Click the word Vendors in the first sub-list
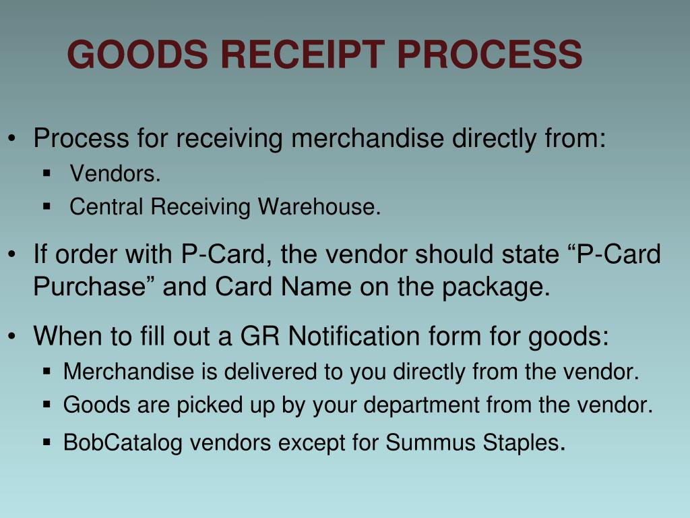(x=115, y=174)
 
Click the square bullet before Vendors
(x=47, y=173)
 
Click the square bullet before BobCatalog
(x=47, y=442)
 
